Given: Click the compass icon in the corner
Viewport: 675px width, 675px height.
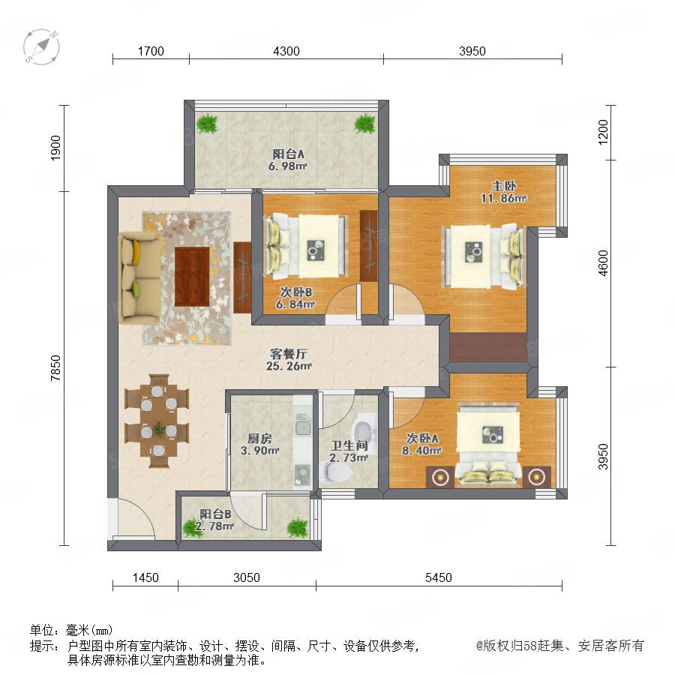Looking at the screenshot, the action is coord(41,47).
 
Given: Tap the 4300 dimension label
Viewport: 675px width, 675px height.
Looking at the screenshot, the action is coord(286,51).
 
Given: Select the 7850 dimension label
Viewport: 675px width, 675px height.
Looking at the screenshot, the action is coord(56,368).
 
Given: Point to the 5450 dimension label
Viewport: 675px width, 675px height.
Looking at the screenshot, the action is coord(439,577).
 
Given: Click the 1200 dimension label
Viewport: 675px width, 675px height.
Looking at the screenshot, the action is coord(604,132).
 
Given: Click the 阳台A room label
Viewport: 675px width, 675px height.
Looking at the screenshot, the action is coord(289,154).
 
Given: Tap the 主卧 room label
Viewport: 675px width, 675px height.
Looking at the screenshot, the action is coord(504,187).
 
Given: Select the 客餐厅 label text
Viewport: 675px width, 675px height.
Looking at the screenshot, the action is coord(289,354).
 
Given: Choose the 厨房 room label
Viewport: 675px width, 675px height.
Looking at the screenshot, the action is coord(259,439).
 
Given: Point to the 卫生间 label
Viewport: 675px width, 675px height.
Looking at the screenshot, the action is coord(349,445).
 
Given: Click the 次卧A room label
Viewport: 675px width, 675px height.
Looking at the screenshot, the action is coord(422,438).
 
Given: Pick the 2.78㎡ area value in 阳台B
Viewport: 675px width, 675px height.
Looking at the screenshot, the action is coord(214,526).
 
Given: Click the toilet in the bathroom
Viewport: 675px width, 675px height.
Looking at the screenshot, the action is coord(337,471).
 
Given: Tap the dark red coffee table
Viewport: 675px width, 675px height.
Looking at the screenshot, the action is coord(192,276).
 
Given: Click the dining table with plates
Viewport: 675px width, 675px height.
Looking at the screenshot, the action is coord(158,421).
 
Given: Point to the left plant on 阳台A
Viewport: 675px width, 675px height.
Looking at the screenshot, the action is coord(208,124).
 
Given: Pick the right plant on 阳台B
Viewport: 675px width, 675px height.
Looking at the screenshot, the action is coord(298,527).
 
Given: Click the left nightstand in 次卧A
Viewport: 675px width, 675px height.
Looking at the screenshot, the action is coord(439,477).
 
